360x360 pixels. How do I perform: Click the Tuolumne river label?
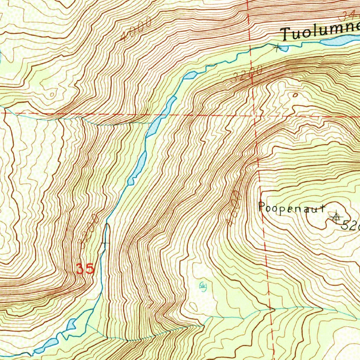320,31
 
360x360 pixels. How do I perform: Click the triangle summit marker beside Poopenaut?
336,218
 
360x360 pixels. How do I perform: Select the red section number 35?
85,269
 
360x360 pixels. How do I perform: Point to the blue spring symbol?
202,286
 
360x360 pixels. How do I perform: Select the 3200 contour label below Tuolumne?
247,75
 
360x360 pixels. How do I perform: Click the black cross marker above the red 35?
105,243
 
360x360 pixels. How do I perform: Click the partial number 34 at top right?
349,15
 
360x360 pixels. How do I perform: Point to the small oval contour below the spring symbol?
193,306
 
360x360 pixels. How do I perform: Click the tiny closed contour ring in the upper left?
52,94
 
